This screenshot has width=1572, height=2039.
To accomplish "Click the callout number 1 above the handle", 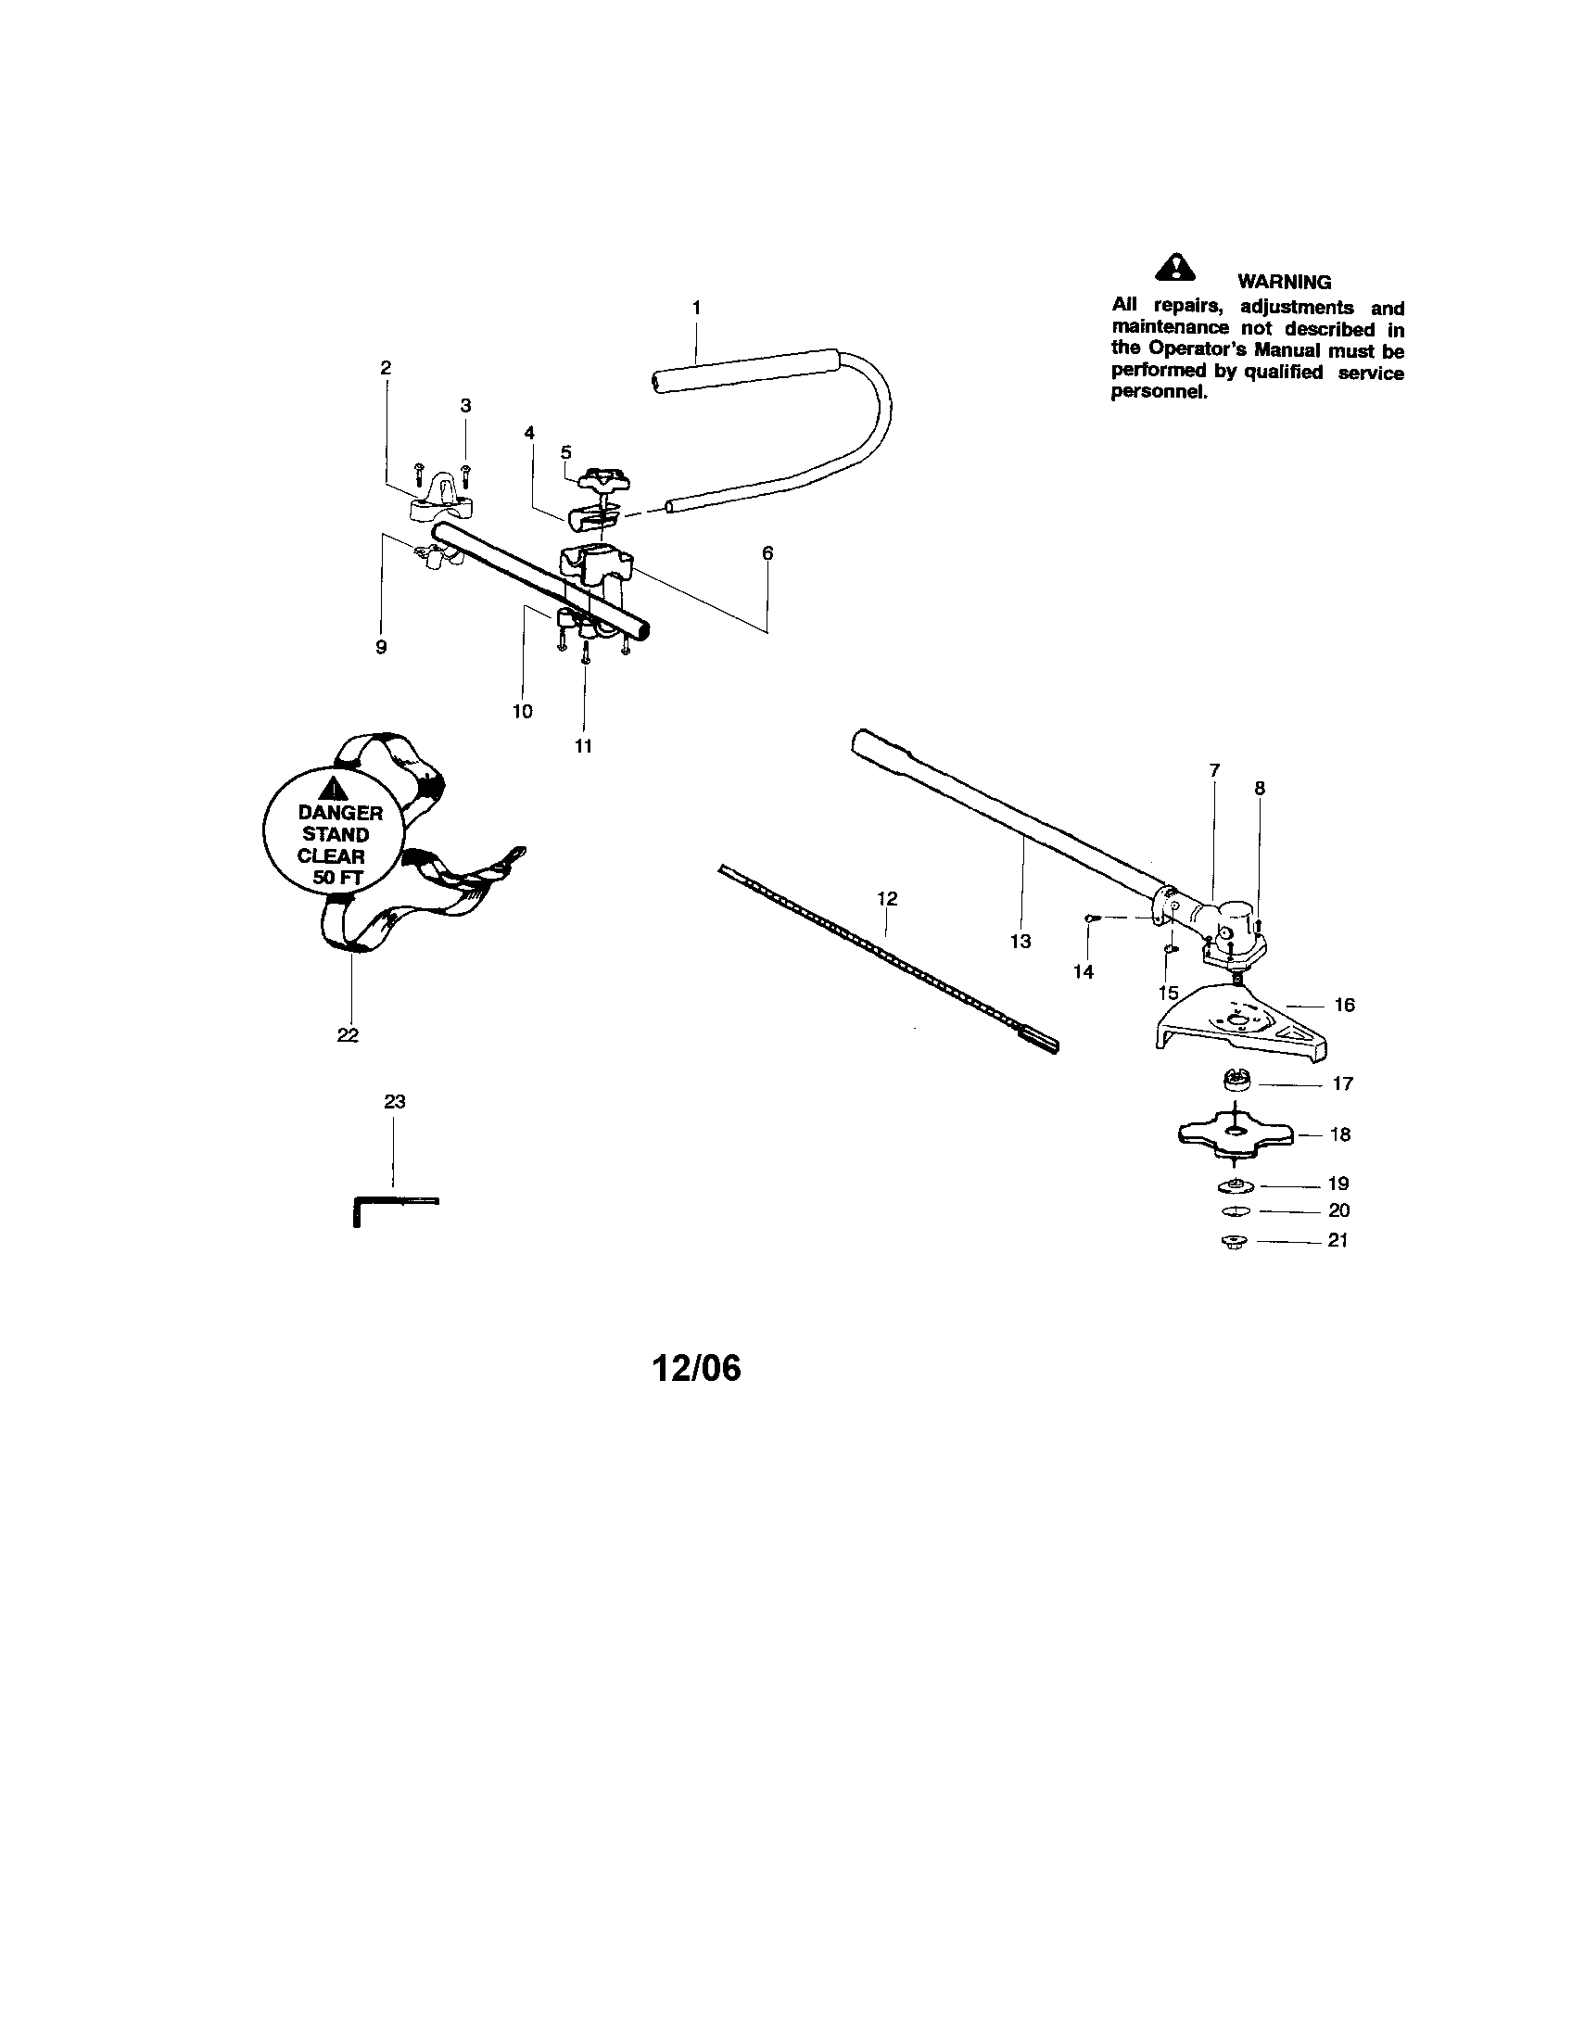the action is tap(695, 307).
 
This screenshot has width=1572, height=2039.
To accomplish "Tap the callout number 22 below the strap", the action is tap(349, 1034).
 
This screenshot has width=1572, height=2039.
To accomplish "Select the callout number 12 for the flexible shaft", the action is tap(887, 898).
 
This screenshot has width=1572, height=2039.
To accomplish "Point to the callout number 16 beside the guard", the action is tap(1344, 1005).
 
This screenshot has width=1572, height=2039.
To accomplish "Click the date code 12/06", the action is tap(696, 1368).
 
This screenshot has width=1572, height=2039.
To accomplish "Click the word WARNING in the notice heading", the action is tap(1285, 282).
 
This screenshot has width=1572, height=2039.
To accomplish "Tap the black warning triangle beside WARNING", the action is tap(1175, 268).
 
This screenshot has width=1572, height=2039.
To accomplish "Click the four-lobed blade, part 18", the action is tap(1235, 1133).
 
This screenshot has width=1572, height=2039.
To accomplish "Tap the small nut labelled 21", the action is tap(1234, 1242).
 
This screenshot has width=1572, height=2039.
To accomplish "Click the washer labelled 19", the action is tap(1236, 1185).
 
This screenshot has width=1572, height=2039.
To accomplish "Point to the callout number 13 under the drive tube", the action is tap(1021, 941).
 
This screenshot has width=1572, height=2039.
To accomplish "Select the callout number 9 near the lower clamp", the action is tap(381, 647).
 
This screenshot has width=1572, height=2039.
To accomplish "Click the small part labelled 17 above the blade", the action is tap(1237, 1080).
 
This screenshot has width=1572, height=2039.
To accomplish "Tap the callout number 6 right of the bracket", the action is tap(767, 552).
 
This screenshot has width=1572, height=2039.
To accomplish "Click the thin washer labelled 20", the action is tap(1234, 1212).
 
